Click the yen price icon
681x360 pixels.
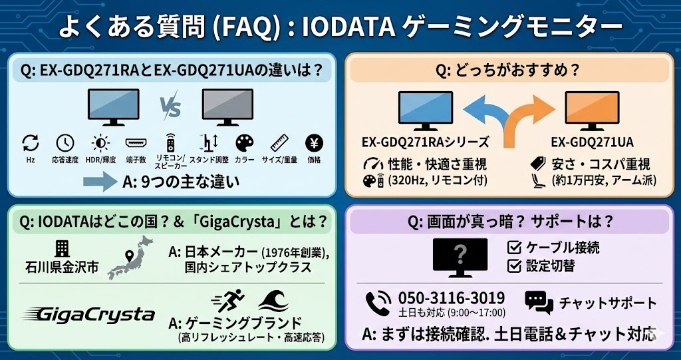(x=314, y=142)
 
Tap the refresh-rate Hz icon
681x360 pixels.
(x=31, y=142)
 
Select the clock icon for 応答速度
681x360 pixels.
(x=65, y=142)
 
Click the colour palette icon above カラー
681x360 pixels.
(x=245, y=142)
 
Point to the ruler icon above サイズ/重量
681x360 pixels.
(x=280, y=142)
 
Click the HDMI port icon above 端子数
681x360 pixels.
(x=135, y=142)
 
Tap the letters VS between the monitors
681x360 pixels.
(x=170, y=106)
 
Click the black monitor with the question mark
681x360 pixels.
(x=460, y=257)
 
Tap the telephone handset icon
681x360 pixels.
(x=379, y=303)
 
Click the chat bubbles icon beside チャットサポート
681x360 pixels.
(x=539, y=302)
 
